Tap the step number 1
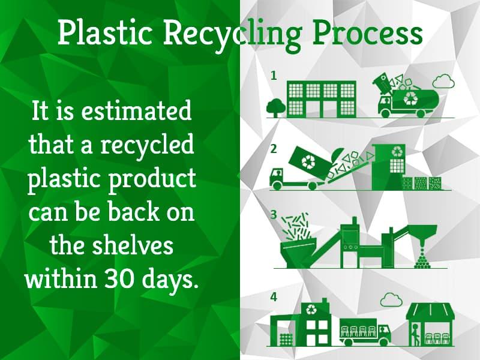274,76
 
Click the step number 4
274,296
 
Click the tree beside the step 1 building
275,107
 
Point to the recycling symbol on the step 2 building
397,151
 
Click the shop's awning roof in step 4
430,312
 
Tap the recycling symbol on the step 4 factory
311,310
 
